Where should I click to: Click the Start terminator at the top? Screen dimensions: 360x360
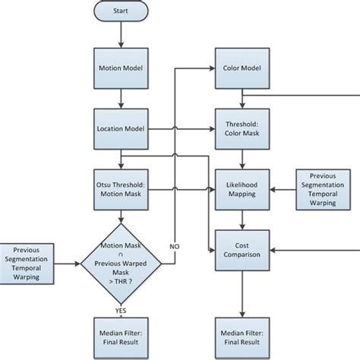coord(119,13)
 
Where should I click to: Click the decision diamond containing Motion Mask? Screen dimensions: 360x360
coord(119,263)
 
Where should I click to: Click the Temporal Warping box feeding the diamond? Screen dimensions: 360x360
coord(30,263)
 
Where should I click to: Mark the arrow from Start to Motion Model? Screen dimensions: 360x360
coord(119,35)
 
